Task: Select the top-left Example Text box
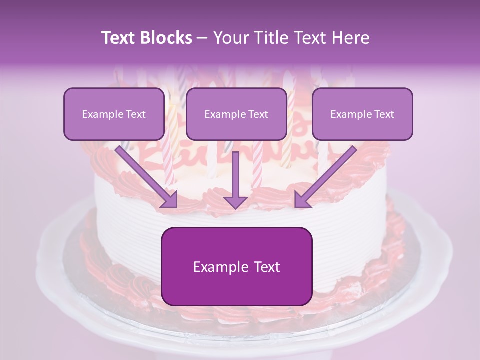click(114, 114)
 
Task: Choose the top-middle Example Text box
click(236, 114)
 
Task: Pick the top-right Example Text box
click(362, 114)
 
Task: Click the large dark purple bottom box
click(236, 266)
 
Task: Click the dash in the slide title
click(202, 38)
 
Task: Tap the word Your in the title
click(227, 38)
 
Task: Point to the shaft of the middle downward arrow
click(236, 172)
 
